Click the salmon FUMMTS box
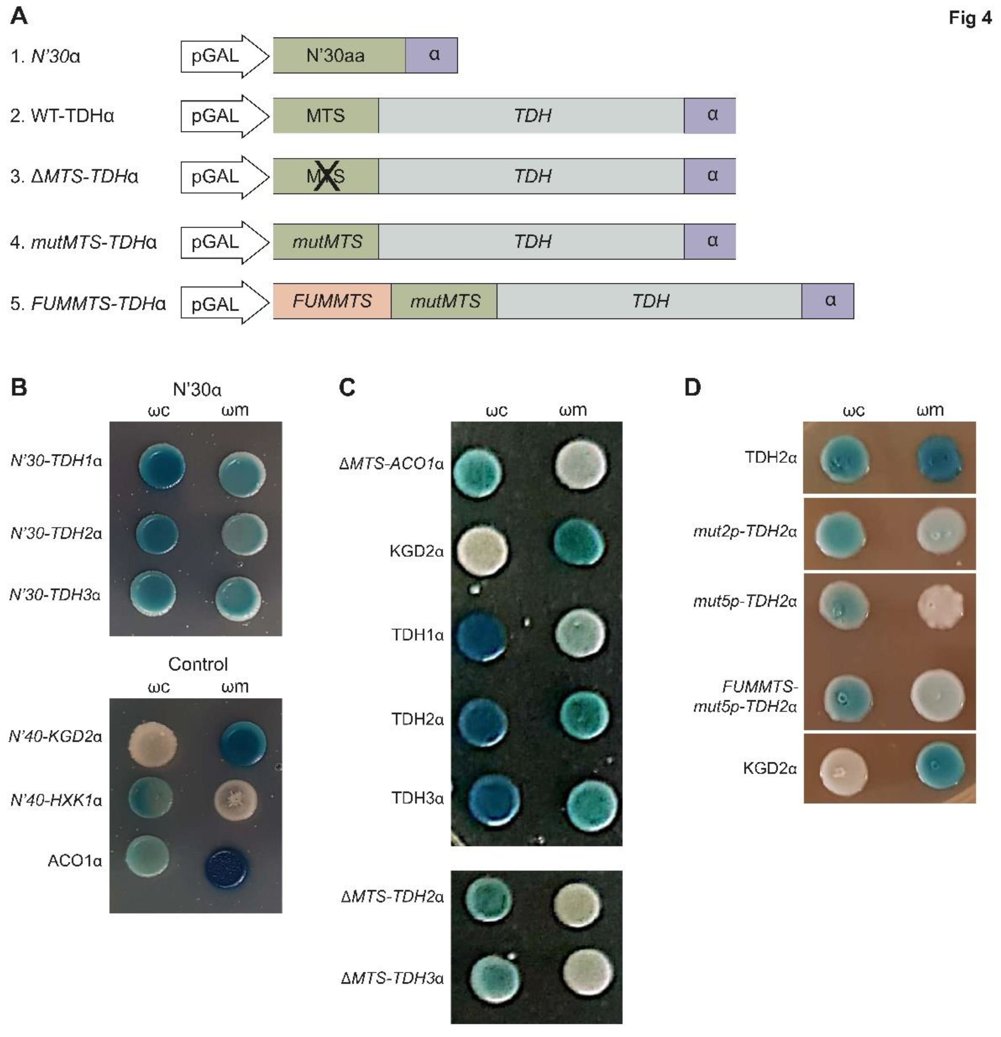tap(332, 301)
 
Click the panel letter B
tap(19, 387)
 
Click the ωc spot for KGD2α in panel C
tap(482, 550)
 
